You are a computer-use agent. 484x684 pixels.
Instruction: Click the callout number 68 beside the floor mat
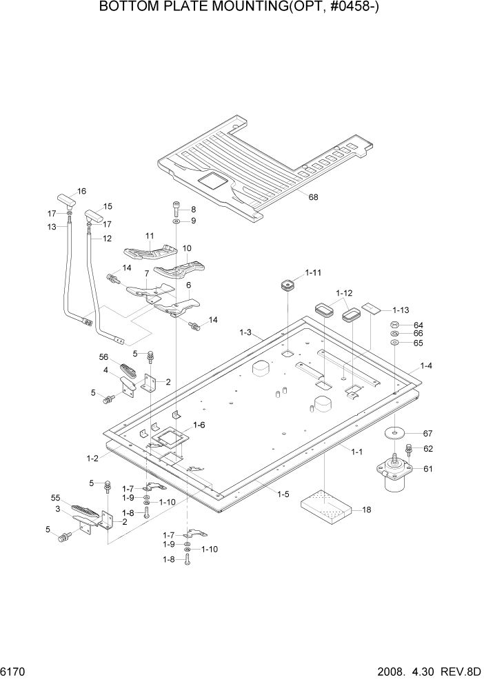click(x=313, y=197)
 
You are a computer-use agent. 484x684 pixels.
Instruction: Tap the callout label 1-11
click(x=313, y=272)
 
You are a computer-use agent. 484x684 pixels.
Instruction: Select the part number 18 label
click(x=367, y=510)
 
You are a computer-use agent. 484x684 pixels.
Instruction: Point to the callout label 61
click(x=427, y=469)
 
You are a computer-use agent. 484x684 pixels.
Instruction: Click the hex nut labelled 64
click(x=394, y=325)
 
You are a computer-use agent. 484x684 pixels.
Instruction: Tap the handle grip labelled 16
click(x=67, y=199)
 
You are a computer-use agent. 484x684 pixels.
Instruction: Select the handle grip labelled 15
click(x=93, y=215)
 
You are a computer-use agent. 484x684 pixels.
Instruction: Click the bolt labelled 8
click(x=177, y=210)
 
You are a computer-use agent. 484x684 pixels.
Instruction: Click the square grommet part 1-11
click(x=288, y=285)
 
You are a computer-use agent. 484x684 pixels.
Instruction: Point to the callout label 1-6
click(x=199, y=425)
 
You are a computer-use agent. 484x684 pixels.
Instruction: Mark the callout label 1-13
click(x=401, y=310)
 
